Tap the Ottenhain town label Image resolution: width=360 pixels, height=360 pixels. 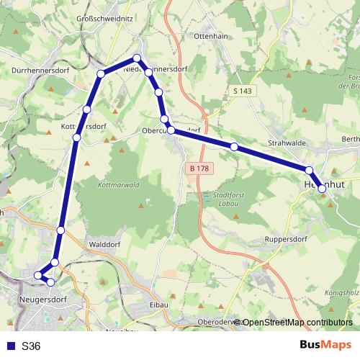pyautogui.click(x=211, y=35)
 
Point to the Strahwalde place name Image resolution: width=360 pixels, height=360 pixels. pyautogui.click(x=287, y=143)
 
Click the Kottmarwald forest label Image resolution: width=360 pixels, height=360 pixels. pyautogui.click(x=117, y=184)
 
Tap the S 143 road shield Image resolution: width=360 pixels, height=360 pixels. pyautogui.click(x=243, y=91)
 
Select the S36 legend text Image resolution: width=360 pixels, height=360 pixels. pyautogui.click(x=31, y=346)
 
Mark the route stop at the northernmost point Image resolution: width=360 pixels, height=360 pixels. pyautogui.click(x=136, y=59)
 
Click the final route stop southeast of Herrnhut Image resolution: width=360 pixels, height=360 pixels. pyautogui.click(x=322, y=189)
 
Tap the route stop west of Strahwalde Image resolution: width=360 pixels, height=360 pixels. pyautogui.click(x=234, y=146)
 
